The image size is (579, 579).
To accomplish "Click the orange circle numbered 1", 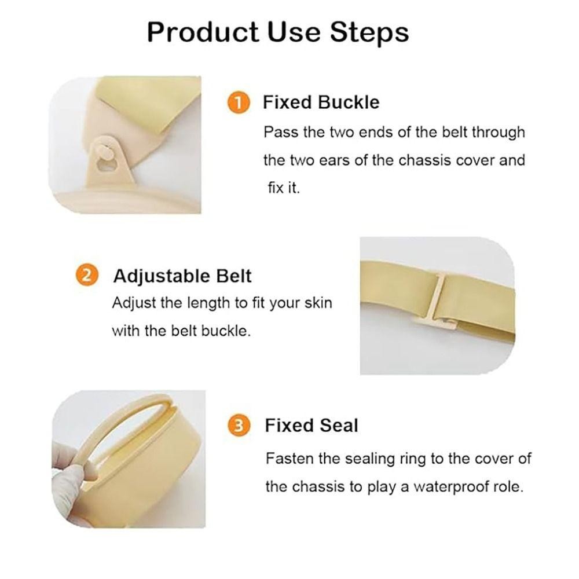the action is (x=239, y=102).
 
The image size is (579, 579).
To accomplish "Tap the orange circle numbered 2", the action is (x=86, y=276).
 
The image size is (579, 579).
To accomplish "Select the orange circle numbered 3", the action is (x=239, y=426).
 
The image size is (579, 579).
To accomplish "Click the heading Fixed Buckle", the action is (x=321, y=102).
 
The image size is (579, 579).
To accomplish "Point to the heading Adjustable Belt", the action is (x=182, y=276).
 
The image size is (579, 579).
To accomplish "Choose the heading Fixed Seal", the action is (x=312, y=426).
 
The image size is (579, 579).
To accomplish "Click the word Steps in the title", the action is (x=369, y=33).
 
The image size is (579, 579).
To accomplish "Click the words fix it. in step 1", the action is (x=284, y=188).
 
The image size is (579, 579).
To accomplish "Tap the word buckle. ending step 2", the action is (x=226, y=331).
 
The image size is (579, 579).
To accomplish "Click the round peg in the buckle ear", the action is (x=104, y=152).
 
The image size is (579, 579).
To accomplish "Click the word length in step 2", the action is (x=208, y=303).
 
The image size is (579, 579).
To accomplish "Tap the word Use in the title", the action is (x=294, y=33).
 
